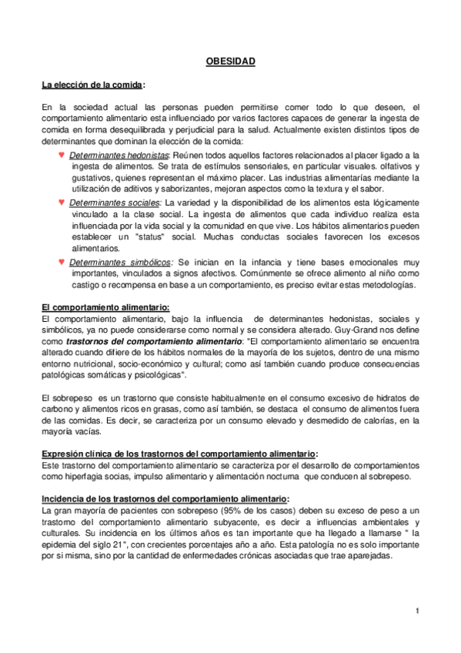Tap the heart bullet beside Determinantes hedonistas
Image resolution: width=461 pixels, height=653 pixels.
point(61,155)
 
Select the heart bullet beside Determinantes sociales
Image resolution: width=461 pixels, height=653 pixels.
point(61,202)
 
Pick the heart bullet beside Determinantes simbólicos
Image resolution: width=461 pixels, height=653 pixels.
point(61,262)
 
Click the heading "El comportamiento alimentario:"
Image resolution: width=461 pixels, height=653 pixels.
point(105,307)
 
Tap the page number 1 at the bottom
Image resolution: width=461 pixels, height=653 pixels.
point(416,611)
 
